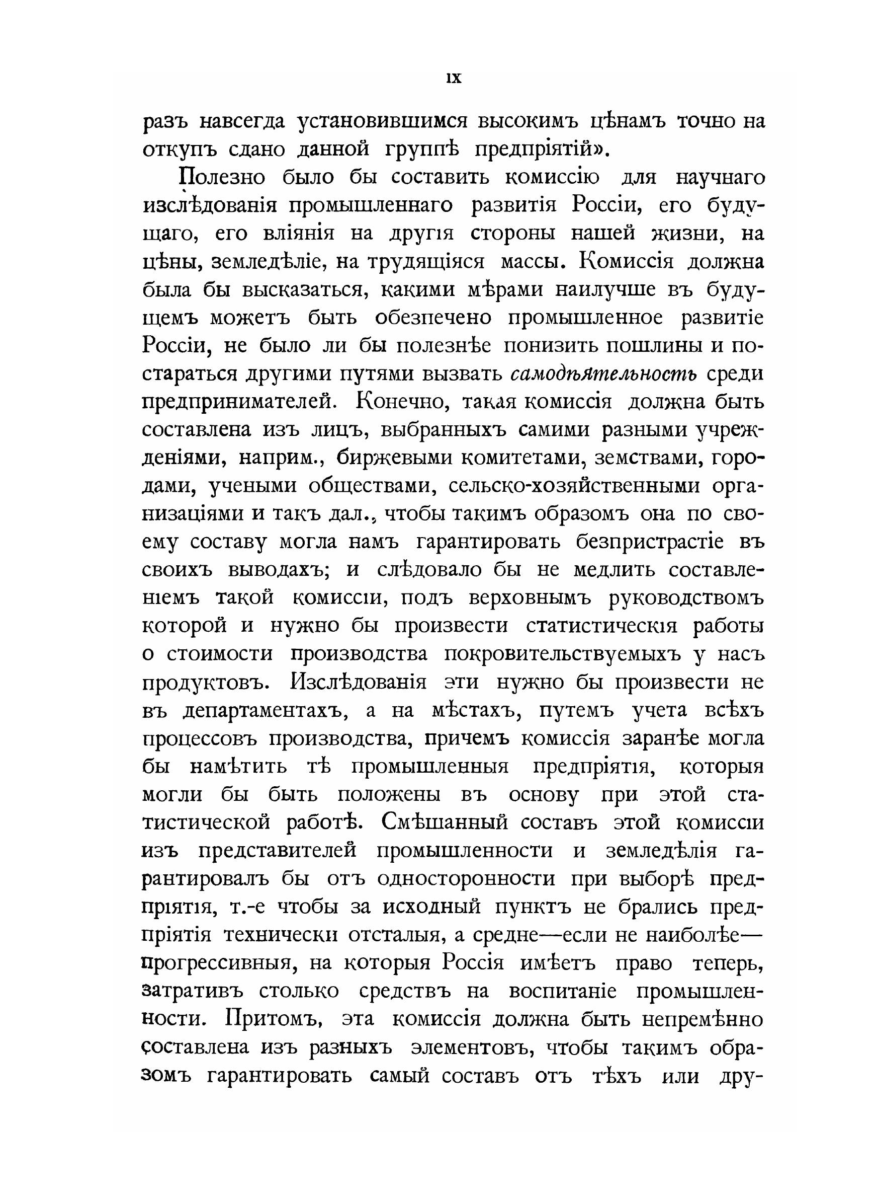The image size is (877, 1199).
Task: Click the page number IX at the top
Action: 455,79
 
